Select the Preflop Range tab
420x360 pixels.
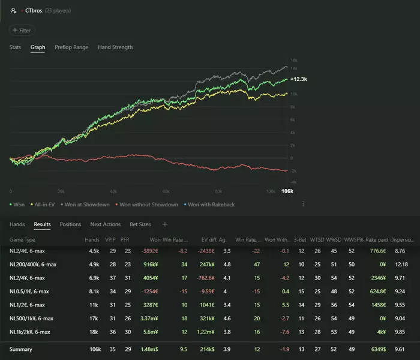coord(72,47)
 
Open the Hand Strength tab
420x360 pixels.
coord(115,47)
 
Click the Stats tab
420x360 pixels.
coord(16,47)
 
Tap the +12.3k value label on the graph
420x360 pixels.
coord(299,79)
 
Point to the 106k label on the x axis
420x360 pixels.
coord(287,191)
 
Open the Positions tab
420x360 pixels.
coord(70,224)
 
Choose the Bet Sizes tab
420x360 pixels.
coord(140,224)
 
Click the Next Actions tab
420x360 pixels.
coord(106,224)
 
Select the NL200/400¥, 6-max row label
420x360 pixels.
coord(33,264)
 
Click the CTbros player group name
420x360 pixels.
coord(34,10)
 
